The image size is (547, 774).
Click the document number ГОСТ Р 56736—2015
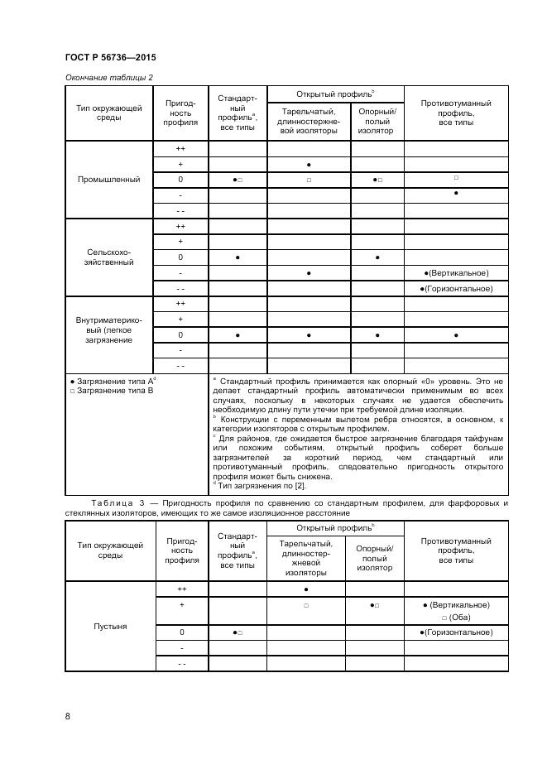click(x=110, y=57)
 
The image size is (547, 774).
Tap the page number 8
click(x=67, y=716)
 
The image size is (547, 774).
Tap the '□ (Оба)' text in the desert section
click(x=456, y=617)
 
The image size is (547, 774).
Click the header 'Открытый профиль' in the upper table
click(x=335, y=94)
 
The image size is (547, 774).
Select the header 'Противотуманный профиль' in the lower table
click(x=456, y=550)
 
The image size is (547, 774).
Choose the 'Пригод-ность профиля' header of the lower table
click(x=180, y=550)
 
